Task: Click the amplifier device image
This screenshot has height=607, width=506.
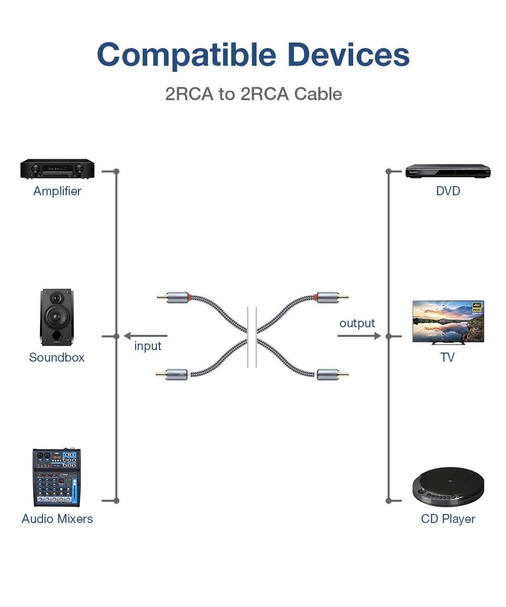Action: (x=57, y=169)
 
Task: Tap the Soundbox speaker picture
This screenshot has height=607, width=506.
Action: (x=56, y=317)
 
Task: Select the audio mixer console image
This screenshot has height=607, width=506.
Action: (x=57, y=477)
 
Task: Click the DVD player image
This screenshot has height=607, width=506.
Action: (x=448, y=171)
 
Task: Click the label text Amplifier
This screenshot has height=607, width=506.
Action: (x=57, y=191)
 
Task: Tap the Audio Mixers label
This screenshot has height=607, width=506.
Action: (x=57, y=519)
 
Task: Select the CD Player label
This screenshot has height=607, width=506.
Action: (x=448, y=519)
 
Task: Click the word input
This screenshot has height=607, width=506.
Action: (x=148, y=346)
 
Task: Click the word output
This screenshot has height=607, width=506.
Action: (x=357, y=323)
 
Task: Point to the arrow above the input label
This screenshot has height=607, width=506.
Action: (x=146, y=335)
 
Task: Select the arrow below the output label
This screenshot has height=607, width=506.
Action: (x=359, y=335)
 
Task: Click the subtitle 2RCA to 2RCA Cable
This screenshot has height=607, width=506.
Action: (x=254, y=94)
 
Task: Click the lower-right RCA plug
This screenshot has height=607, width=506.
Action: (x=332, y=375)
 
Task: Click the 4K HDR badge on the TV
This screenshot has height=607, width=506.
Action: (x=477, y=307)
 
